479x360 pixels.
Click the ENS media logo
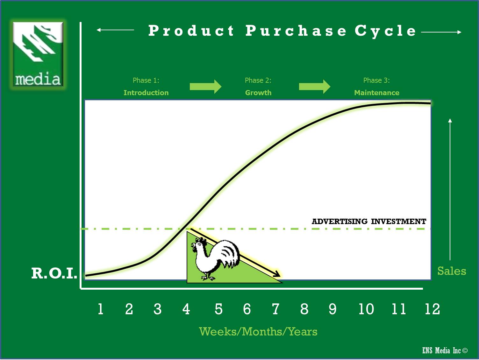pyautogui.click(x=38, y=54)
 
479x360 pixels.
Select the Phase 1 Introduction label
pyautogui.click(x=146, y=87)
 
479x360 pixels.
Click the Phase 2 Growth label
pyautogui.click(x=258, y=87)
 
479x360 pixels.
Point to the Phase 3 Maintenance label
pyautogui.click(x=377, y=87)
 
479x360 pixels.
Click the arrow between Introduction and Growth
pyautogui.click(x=205, y=87)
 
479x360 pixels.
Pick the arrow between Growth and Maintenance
pyautogui.click(x=315, y=87)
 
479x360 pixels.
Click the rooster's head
pyautogui.click(x=199, y=244)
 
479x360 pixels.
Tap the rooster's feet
pyautogui.click(x=208, y=278)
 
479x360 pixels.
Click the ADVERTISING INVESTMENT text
pyautogui.click(x=369, y=222)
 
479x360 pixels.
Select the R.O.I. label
pyautogui.click(x=54, y=273)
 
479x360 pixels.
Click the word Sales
pyautogui.click(x=452, y=271)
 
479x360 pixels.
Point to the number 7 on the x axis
pyautogui.click(x=275, y=309)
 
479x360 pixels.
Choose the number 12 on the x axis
pyautogui.click(x=432, y=309)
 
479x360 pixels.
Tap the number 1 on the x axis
pyautogui.click(x=100, y=309)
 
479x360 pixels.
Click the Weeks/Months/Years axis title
pyautogui.click(x=258, y=332)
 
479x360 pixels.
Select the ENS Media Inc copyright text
pyautogui.click(x=445, y=351)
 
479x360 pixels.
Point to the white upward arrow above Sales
pyautogui.click(x=450, y=189)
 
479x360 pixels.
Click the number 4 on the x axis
pyautogui.click(x=186, y=309)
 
